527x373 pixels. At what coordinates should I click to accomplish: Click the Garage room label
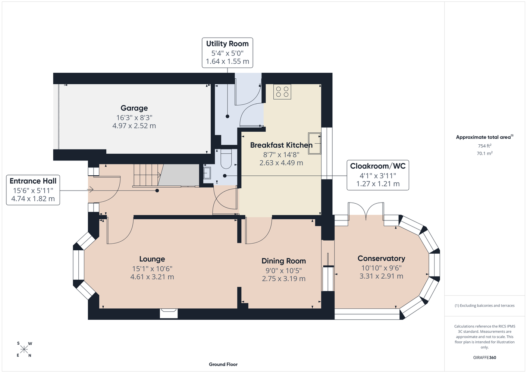coord(134,108)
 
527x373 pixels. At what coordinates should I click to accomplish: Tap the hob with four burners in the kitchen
coord(282,92)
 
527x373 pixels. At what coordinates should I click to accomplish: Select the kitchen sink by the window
coord(314,143)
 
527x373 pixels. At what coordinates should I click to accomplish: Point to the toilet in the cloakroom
coord(226,159)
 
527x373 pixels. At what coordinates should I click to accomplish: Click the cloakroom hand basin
coord(207,173)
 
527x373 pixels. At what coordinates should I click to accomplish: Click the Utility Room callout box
coord(227,53)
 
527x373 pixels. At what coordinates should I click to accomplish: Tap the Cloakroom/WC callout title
coord(378,166)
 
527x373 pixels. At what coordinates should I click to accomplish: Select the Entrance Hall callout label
coord(33,181)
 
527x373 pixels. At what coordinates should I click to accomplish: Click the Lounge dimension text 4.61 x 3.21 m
coord(152,277)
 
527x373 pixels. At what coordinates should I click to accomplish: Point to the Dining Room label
coord(284,261)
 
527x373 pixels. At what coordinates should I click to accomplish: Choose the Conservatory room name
coord(382,258)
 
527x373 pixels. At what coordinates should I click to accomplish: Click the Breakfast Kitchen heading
coord(281,145)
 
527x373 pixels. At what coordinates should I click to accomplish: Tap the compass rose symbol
coord(24,350)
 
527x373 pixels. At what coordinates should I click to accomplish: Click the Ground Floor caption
coord(223,364)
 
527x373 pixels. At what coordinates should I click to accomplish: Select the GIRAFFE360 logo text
coord(484,357)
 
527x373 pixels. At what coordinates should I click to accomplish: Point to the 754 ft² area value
coord(484,146)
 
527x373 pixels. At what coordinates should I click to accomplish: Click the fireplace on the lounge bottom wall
coord(169,313)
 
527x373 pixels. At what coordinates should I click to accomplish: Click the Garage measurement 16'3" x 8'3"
coord(134,117)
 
